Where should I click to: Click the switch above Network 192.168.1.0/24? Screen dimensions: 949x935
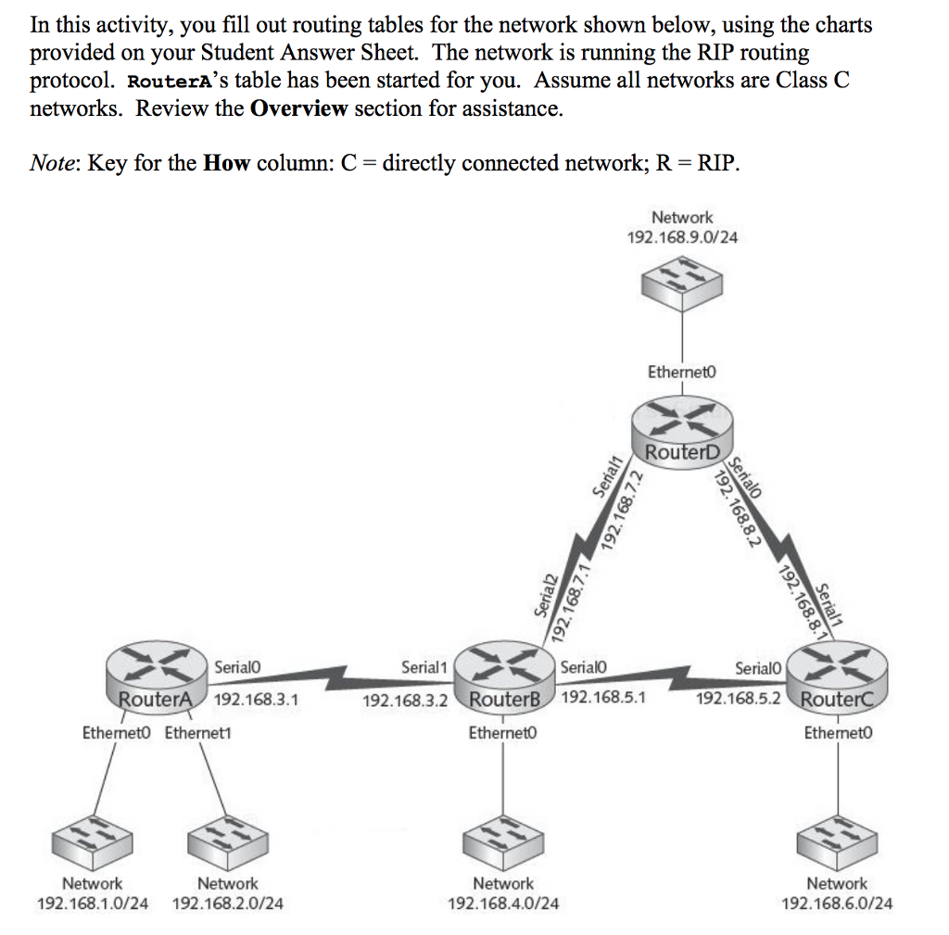90,841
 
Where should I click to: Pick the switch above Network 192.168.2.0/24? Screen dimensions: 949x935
227,841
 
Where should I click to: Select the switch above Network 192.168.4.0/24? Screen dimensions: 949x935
502,841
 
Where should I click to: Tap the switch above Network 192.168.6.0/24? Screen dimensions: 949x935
837,841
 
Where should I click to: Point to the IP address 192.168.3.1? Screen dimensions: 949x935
256,700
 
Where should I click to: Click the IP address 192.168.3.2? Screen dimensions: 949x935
405,700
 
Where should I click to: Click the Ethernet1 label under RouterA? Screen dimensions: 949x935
198,733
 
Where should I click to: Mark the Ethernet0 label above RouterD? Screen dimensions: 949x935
683,372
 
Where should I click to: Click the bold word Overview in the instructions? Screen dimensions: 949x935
299,108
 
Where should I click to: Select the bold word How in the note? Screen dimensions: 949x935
227,164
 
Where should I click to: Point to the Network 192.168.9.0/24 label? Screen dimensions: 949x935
683,227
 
